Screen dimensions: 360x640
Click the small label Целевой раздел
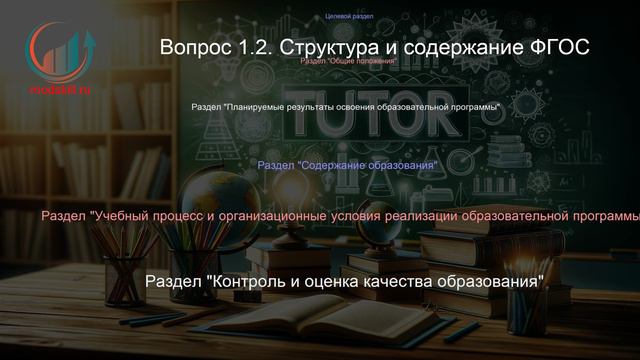350,17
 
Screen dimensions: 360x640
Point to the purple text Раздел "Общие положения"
349,61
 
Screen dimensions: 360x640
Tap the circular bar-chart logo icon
59,54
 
